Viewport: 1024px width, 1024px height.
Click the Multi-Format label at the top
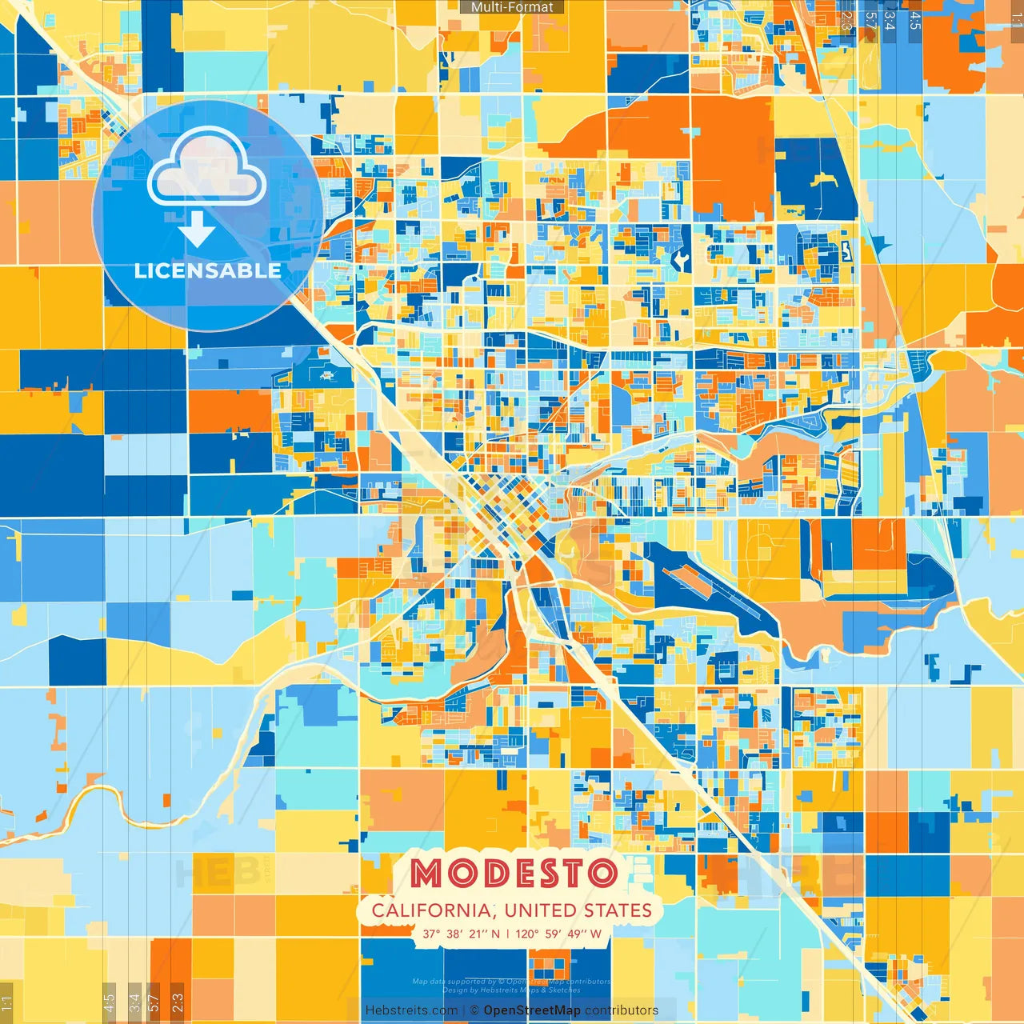(512, 7)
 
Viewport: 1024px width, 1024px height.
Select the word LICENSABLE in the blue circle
(207, 270)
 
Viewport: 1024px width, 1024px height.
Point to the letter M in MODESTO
(426, 874)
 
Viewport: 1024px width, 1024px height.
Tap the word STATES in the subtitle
(617, 910)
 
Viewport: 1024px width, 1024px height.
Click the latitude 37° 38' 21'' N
(461, 934)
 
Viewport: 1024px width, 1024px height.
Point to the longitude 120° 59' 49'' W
(558, 934)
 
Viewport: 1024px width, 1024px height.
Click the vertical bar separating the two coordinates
(508, 934)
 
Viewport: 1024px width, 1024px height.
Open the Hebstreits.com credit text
(411, 1010)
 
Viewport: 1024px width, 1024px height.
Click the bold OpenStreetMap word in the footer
(532, 1010)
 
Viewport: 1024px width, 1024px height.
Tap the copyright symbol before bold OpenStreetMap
(474, 1010)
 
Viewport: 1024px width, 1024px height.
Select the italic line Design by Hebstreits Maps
(512, 990)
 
